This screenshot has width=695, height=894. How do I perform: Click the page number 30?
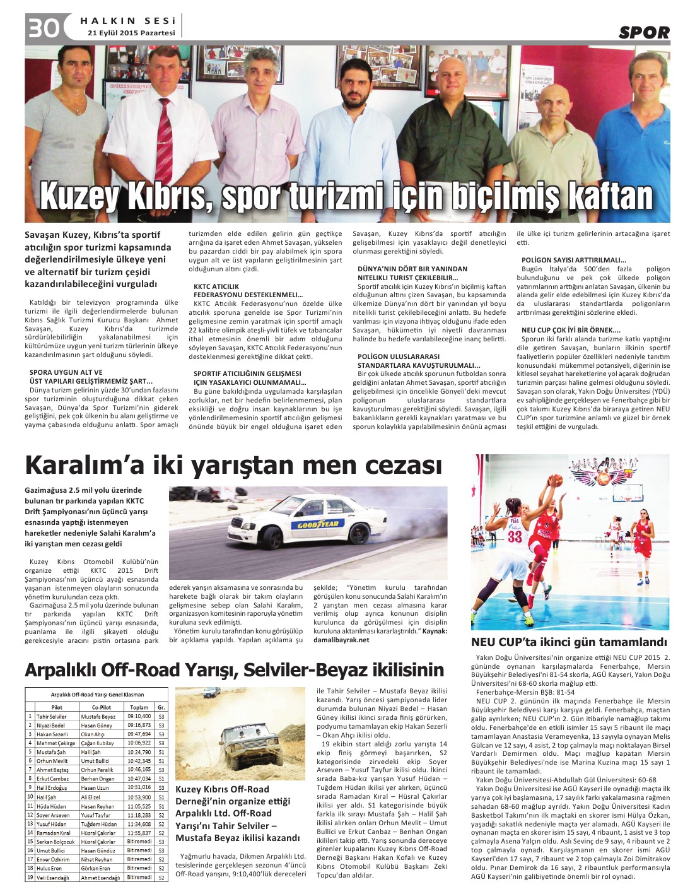[x=43, y=28]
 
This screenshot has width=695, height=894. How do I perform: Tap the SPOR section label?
[x=643, y=33]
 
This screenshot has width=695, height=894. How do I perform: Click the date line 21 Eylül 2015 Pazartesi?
[x=131, y=33]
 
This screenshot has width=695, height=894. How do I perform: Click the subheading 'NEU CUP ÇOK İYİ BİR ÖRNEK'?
[x=571, y=330]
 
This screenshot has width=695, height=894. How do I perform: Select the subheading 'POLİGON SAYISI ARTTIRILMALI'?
[x=573, y=260]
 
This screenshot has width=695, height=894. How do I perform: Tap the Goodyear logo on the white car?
[x=318, y=523]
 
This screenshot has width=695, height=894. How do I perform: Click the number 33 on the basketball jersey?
[x=515, y=536]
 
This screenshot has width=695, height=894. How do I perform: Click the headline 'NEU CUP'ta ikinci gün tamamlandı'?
[x=568, y=642]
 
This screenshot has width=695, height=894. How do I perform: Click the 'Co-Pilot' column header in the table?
[x=101, y=707]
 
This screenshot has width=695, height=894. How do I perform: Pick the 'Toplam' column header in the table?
[x=139, y=707]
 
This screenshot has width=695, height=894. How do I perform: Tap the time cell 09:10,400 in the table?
[x=139, y=716]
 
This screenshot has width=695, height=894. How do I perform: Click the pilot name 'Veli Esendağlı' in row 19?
[x=53, y=878]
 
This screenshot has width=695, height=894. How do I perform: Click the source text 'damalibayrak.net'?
[x=341, y=640]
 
